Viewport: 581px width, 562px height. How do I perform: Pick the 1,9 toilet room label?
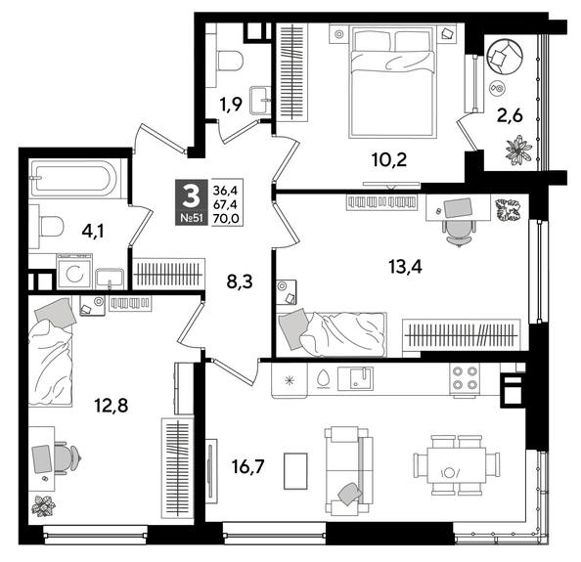coord(230,105)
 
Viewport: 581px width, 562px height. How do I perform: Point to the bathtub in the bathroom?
coord(74,180)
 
